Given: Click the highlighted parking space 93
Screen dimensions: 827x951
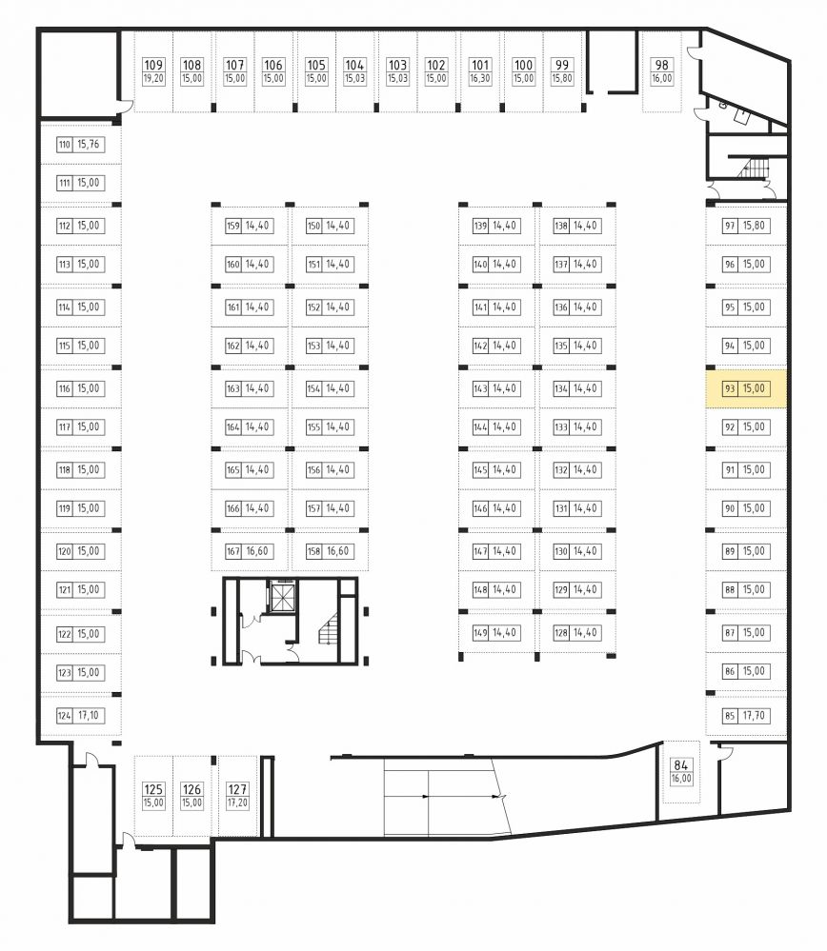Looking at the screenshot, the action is (746, 388).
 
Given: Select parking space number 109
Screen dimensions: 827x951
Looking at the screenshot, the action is (153, 65).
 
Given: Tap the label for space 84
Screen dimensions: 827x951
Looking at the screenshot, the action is (680, 771).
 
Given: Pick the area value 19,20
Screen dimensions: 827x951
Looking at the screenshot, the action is (153, 79).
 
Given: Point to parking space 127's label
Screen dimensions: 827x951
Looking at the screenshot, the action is (237, 795).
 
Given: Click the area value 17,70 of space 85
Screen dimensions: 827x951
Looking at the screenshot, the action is (754, 716).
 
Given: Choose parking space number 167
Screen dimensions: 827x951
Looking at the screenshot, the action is (233, 551).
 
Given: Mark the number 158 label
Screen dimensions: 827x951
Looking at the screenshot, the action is (313, 551).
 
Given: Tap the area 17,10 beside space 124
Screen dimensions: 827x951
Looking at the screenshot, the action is (88, 716).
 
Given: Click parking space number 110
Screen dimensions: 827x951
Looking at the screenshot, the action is (65, 145).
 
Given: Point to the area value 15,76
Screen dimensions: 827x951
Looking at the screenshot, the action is (88, 145).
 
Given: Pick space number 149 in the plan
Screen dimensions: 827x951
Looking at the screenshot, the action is (480, 633).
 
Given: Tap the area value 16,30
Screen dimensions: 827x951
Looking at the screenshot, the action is (479, 79).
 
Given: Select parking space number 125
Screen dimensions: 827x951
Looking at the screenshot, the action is (153, 789).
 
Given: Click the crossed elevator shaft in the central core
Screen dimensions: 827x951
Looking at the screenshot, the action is (282, 597).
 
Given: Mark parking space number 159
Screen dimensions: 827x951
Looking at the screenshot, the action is (233, 226).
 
